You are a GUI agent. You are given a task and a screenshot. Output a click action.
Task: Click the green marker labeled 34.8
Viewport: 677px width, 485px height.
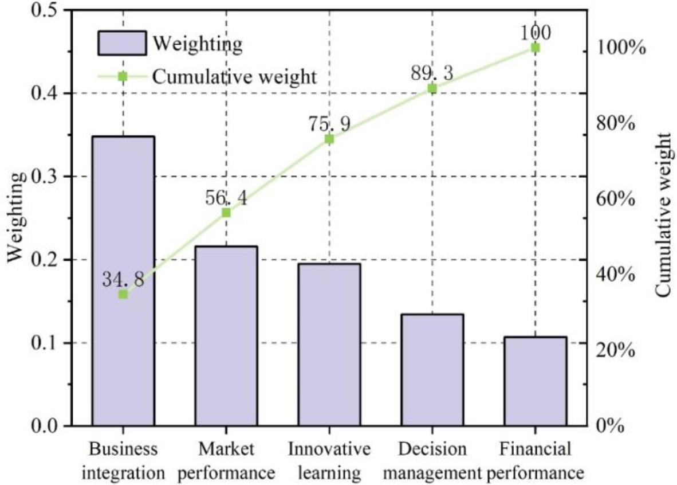click(x=123, y=294)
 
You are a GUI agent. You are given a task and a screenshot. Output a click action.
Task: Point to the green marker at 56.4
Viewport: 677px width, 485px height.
click(x=226, y=213)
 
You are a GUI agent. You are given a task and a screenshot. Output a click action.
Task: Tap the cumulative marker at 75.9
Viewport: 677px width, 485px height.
click(x=329, y=139)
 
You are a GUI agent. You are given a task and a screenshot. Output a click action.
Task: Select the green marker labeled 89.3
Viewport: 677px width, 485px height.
click(x=432, y=88)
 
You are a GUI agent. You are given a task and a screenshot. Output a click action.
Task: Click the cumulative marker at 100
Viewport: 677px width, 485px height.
click(x=536, y=48)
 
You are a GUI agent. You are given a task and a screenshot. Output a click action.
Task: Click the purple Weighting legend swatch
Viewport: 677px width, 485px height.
click(x=122, y=43)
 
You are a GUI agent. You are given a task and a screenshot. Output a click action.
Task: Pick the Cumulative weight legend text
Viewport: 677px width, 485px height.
click(x=235, y=76)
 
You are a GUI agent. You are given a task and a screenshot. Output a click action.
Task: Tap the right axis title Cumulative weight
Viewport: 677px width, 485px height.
click(x=663, y=215)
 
